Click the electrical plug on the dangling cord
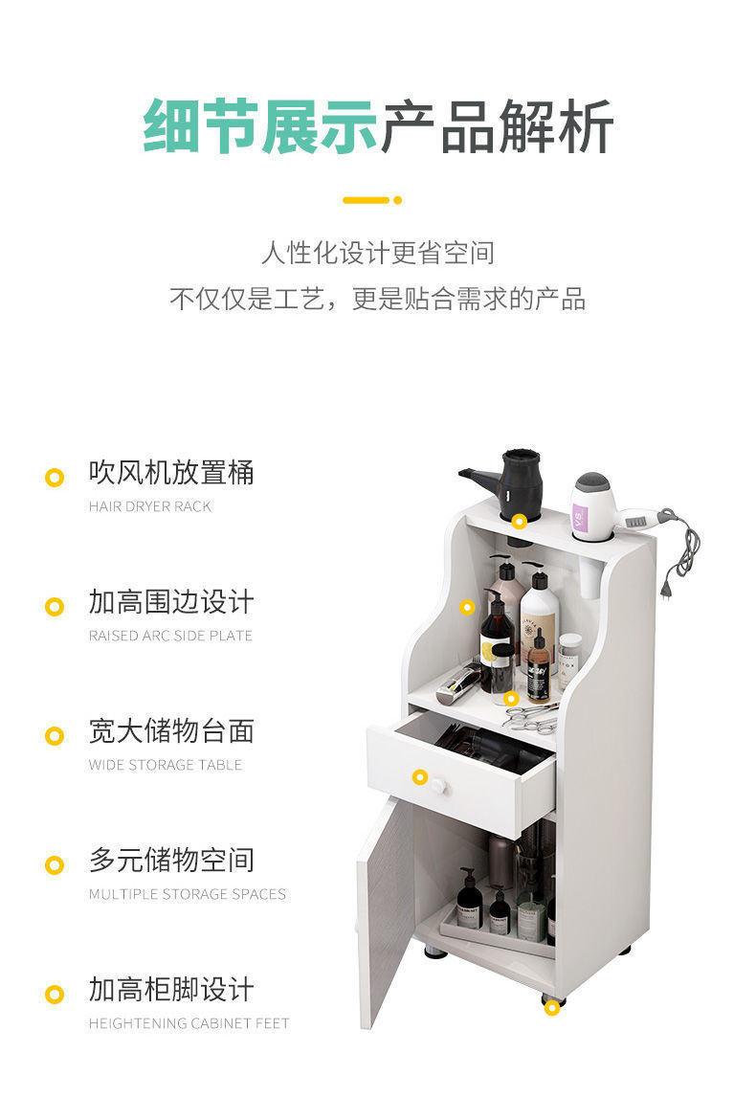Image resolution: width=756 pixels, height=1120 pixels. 667,589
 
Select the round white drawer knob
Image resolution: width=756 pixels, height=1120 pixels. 438,787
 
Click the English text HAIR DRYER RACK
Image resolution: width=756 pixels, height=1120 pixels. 150,506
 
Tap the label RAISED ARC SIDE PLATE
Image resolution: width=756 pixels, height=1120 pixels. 170,636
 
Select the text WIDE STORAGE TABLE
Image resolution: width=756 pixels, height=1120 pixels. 166,765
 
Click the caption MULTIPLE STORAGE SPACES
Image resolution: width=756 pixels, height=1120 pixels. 187,894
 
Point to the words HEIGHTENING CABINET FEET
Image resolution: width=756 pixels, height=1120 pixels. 189,1023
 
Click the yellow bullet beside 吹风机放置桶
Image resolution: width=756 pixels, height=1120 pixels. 55,477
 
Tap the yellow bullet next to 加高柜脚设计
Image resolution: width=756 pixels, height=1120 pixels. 55,995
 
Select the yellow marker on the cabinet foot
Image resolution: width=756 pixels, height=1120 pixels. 552,1007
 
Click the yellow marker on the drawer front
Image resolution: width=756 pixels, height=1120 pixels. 420,776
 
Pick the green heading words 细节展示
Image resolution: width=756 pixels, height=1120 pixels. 260,127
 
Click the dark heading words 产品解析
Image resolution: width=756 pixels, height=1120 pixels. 496,127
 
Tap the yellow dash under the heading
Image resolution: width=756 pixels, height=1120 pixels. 367,200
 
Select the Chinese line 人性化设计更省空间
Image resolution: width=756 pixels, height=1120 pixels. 378,253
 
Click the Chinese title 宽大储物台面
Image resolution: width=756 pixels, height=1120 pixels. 171,731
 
